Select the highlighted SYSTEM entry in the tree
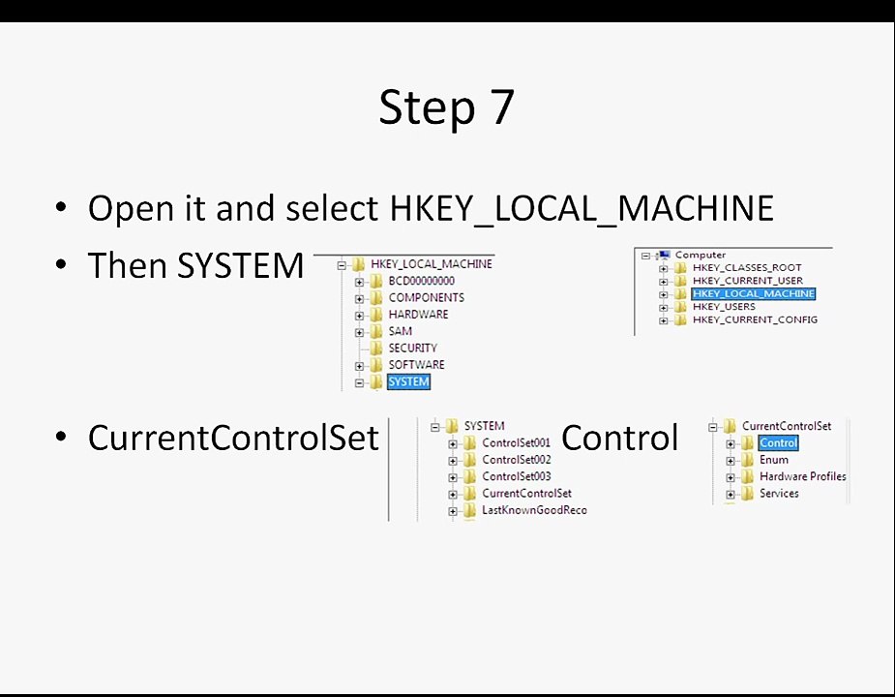408,381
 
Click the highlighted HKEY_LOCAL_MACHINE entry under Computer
754,293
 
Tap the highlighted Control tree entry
779,442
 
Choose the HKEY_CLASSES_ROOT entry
747,267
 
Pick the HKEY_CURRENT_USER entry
748,281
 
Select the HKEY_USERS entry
724,307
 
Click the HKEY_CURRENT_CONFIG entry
755,319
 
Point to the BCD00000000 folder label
422,281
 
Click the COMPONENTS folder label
427,297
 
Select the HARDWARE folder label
418,315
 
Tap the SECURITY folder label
413,348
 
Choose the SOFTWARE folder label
417,365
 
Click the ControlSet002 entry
517,459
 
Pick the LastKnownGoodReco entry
534,510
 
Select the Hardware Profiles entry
802,476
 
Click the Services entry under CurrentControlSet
779,493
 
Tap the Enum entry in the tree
774,459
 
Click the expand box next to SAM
359,332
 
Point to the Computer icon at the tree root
664,255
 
